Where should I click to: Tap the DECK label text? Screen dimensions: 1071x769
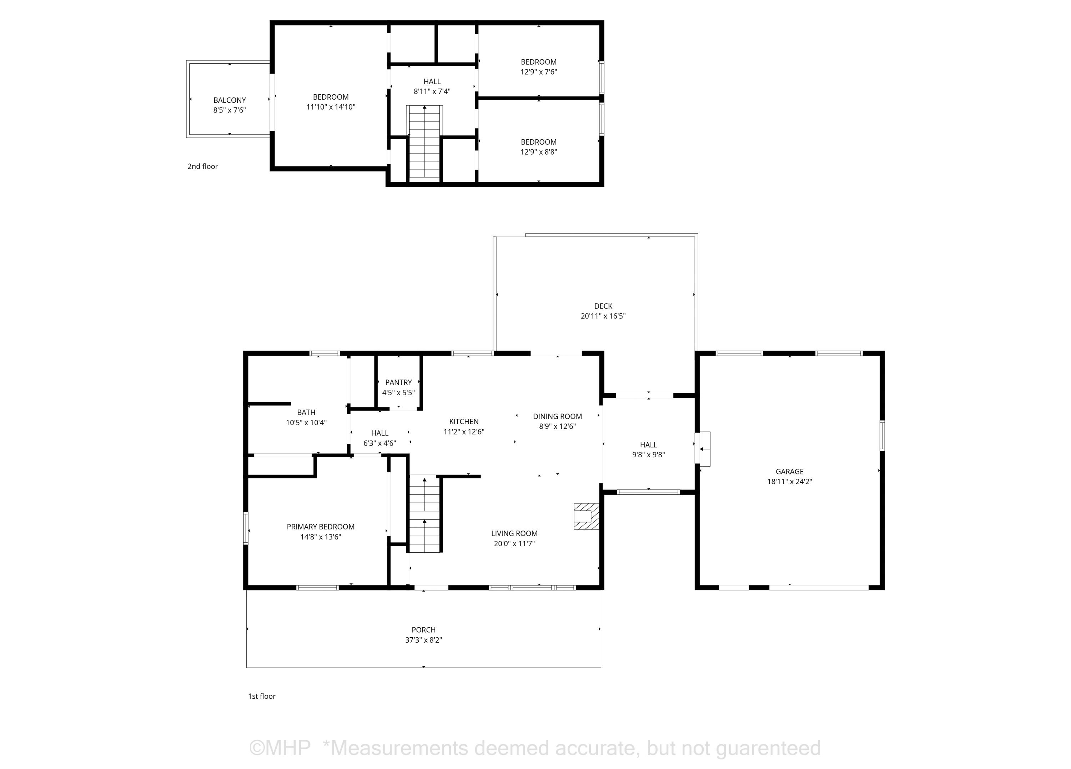pyautogui.click(x=603, y=306)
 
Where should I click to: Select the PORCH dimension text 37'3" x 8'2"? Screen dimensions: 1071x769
pyautogui.click(x=424, y=640)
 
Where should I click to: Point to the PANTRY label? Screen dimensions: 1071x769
pyautogui.click(x=398, y=382)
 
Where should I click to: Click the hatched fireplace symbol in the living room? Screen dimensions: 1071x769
pyautogui.click(x=586, y=516)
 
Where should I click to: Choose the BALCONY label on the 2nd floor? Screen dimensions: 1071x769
pyautogui.click(x=230, y=100)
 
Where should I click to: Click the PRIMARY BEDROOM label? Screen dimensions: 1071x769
pyautogui.click(x=321, y=527)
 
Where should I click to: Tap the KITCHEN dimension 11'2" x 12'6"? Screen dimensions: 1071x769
pyautogui.click(x=464, y=431)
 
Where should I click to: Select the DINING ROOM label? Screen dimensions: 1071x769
pyautogui.click(x=557, y=416)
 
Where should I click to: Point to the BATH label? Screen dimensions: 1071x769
pyautogui.click(x=306, y=412)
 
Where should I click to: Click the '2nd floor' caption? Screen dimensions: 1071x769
pyautogui.click(x=202, y=166)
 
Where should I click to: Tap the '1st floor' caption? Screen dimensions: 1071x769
pyautogui.click(x=262, y=696)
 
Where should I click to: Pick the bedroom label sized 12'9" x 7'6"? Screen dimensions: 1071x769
pyautogui.click(x=539, y=62)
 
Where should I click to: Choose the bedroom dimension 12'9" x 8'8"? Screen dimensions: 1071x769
pyautogui.click(x=539, y=152)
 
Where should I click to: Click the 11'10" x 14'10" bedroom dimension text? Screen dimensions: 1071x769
pyautogui.click(x=331, y=107)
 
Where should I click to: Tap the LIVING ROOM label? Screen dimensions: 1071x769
pyautogui.click(x=514, y=533)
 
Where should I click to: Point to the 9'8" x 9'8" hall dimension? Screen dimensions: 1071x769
pyautogui.click(x=648, y=454)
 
